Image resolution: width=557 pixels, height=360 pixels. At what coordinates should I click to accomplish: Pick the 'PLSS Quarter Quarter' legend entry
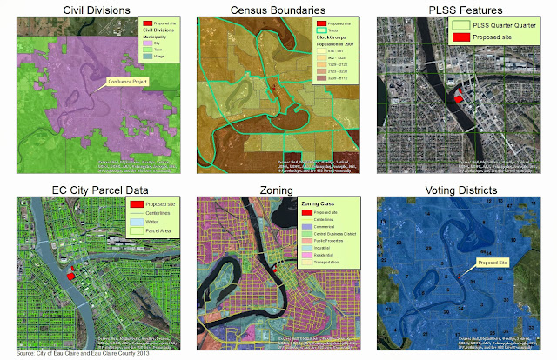502,26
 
